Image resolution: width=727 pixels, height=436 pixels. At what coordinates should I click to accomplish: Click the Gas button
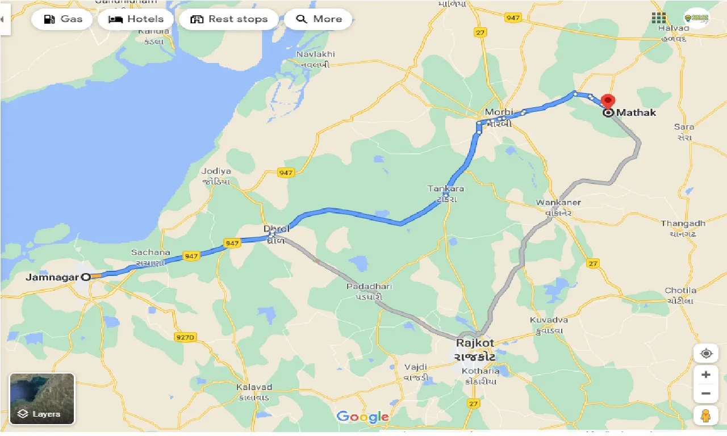click(x=61, y=19)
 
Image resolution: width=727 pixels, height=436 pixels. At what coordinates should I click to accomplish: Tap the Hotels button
click(x=136, y=19)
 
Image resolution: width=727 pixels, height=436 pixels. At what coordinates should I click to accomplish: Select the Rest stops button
click(x=228, y=19)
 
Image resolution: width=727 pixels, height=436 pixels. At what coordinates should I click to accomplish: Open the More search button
click(x=318, y=19)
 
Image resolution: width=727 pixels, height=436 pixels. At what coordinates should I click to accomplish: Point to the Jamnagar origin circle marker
click(x=86, y=278)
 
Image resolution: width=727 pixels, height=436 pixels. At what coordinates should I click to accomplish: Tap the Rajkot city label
click(x=475, y=343)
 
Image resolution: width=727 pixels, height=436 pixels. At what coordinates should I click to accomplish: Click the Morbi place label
click(x=499, y=112)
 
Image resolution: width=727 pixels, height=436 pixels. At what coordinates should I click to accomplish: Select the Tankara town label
click(x=446, y=188)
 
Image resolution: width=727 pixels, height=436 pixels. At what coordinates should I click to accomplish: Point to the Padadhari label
click(x=369, y=287)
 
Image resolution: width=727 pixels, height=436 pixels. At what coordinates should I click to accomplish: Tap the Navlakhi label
click(x=316, y=54)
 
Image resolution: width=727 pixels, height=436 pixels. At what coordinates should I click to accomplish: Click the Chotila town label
click(x=680, y=291)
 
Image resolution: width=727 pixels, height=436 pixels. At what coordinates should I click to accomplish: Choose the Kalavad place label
click(x=254, y=387)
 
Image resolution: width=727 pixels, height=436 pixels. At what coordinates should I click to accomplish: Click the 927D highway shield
click(x=185, y=337)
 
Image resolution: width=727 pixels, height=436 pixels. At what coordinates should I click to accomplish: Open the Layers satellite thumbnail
click(x=42, y=399)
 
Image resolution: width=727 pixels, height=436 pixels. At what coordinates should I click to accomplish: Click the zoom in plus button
click(x=706, y=375)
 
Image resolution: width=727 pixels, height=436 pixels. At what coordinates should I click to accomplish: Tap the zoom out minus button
click(x=706, y=393)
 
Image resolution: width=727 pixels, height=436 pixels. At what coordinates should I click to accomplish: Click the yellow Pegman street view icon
click(x=706, y=415)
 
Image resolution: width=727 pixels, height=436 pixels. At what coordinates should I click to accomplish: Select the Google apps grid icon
click(x=659, y=18)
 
